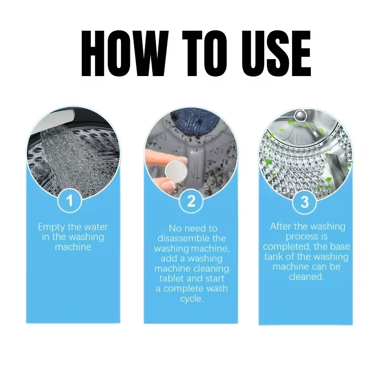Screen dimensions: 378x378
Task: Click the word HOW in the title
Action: (x=124, y=53)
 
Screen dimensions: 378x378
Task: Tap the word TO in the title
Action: (x=205, y=53)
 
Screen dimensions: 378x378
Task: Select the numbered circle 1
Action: (x=70, y=200)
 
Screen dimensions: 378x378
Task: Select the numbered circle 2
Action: (x=191, y=200)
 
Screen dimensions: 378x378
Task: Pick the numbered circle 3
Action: (x=305, y=202)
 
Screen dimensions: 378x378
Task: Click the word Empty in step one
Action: (x=52, y=227)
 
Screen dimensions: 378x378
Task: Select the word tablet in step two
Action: (x=171, y=279)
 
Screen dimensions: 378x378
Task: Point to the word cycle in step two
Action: (x=191, y=299)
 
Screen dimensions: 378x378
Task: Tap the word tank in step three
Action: (x=274, y=257)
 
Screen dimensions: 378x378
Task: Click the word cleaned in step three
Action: (x=306, y=277)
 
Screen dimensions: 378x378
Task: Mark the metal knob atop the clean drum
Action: (x=300, y=115)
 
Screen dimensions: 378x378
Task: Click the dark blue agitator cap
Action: (x=198, y=120)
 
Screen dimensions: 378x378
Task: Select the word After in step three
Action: (x=281, y=227)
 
